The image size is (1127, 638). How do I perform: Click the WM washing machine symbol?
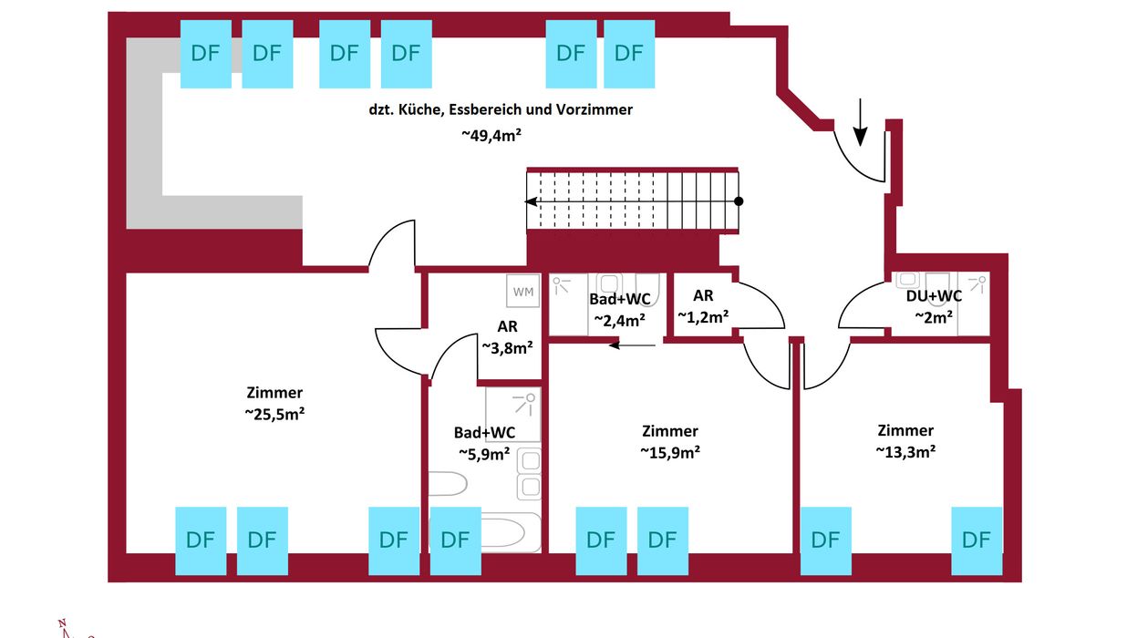tap(523, 291)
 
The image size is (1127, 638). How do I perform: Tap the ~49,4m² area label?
tap(491, 135)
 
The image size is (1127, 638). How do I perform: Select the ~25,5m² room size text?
tap(274, 414)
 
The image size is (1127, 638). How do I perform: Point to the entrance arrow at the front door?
tap(861, 122)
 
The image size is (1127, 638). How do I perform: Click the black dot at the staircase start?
tap(739, 201)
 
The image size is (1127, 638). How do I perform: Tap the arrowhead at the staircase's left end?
tap(531, 201)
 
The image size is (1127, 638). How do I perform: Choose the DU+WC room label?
tap(934, 295)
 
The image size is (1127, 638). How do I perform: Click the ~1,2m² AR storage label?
tap(703, 317)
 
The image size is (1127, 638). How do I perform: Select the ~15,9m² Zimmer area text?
tap(670, 452)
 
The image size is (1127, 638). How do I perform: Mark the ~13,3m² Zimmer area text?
tap(905, 452)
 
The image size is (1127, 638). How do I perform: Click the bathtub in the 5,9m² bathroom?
tap(509, 532)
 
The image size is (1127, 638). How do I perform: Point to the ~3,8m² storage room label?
tap(508, 348)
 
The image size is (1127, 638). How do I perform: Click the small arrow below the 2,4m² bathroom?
tap(632, 345)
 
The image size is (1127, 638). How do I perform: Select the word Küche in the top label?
tap(419, 109)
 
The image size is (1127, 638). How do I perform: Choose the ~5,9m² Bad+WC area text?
tap(484, 454)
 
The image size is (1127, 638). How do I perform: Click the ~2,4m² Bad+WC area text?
tap(620, 320)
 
